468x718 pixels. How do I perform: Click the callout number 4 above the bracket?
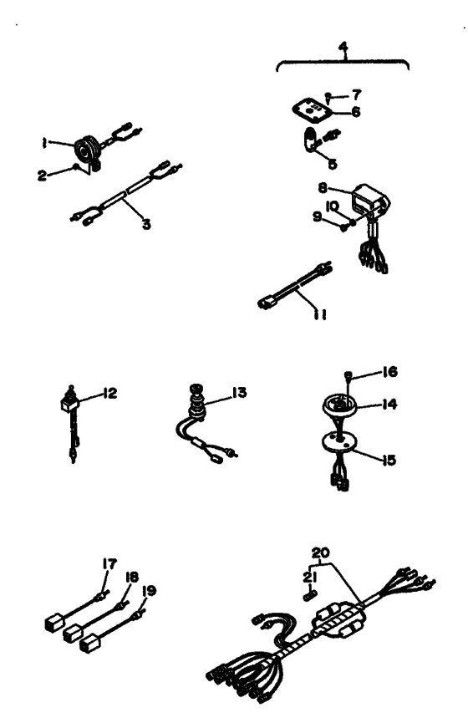pyautogui.click(x=343, y=47)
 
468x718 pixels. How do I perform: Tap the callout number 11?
pyautogui.click(x=320, y=314)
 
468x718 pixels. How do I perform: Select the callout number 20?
pyautogui.click(x=321, y=553)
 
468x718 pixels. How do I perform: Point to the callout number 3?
pyautogui.click(x=146, y=224)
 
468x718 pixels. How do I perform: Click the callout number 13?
pyautogui.click(x=239, y=392)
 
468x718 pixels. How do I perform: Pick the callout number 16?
pyautogui.click(x=389, y=372)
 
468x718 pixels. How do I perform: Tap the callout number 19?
pyautogui.click(x=149, y=591)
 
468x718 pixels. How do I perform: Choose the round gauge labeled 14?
pyautogui.click(x=340, y=405)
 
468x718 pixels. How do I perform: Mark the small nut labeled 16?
pyautogui.click(x=348, y=374)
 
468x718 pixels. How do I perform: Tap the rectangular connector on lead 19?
pyautogui.click(x=89, y=644)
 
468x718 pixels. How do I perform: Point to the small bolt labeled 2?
pyautogui.click(x=76, y=168)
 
